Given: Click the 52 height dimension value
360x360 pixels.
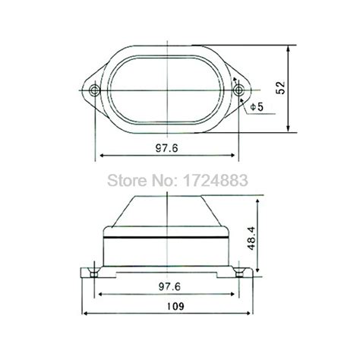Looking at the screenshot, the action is click(280, 88).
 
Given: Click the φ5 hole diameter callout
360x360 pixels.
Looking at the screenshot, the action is click(257, 107).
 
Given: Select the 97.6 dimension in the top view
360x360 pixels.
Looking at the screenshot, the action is click(167, 148).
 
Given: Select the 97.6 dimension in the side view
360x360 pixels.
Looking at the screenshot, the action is click(169, 286).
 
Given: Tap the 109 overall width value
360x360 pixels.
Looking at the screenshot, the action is click(175, 306).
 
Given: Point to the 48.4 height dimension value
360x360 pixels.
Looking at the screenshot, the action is click(252, 238).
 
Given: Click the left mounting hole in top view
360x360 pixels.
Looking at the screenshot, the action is click(95, 90).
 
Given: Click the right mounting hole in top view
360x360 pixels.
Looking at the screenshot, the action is click(238, 90).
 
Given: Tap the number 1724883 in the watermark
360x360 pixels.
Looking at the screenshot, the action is click(215, 180).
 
